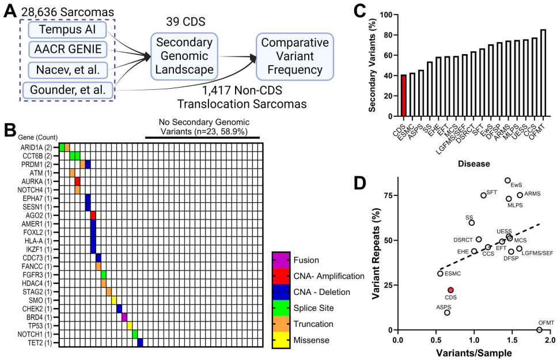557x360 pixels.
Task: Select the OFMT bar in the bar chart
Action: tap(543, 73)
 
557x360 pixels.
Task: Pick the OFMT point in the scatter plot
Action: tap(539, 330)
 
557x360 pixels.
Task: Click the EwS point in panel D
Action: tap(507, 180)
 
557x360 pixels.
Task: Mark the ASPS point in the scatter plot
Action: tap(447, 312)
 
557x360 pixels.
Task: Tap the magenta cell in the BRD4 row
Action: tap(124, 317)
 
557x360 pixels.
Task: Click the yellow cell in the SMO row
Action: tap(114, 300)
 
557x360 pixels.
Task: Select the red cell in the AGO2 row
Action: tap(93, 215)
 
